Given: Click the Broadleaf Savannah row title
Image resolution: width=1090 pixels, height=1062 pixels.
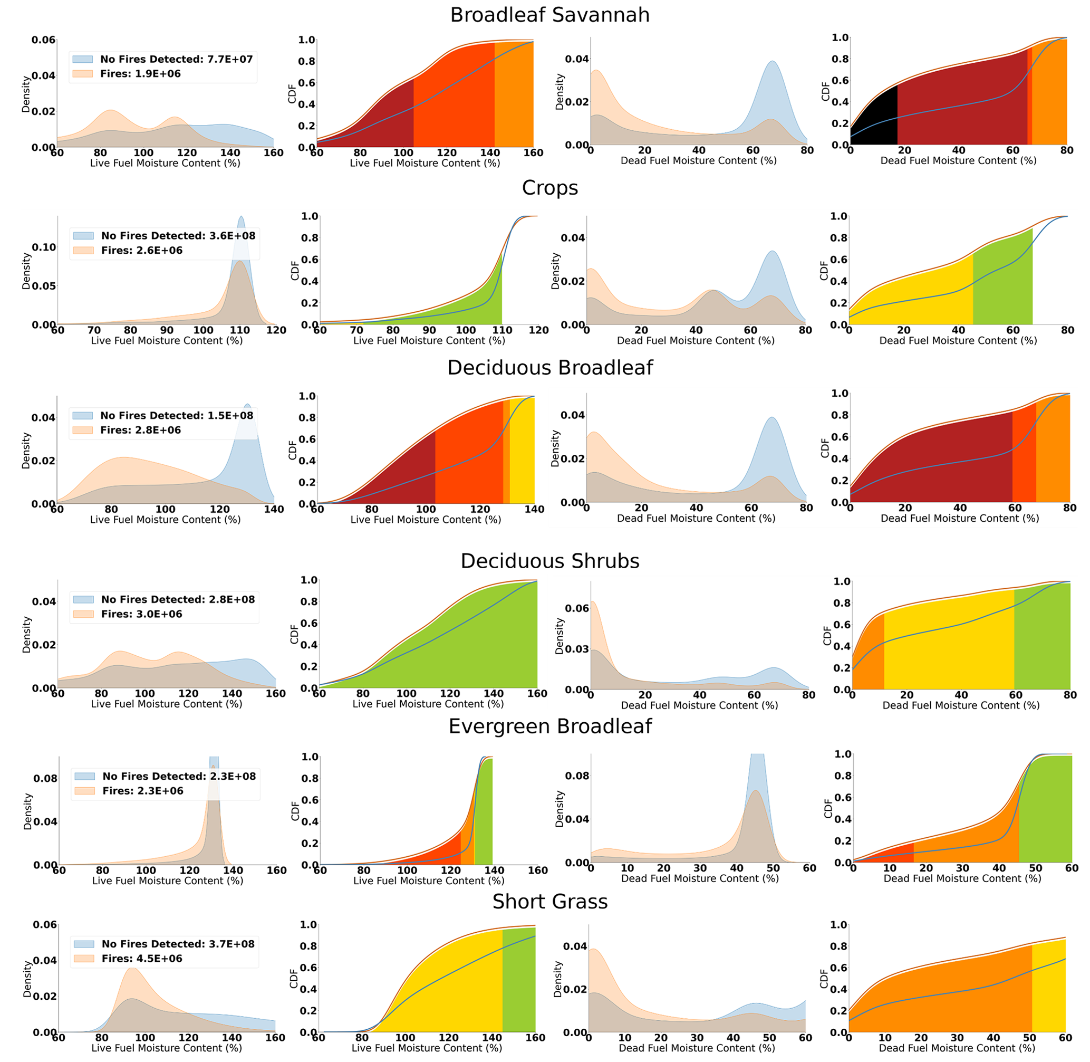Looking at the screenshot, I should pos(549,15).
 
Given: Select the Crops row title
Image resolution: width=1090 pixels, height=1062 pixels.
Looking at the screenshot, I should pos(549,188).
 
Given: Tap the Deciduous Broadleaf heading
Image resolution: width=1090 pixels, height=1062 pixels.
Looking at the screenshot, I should pos(549,368).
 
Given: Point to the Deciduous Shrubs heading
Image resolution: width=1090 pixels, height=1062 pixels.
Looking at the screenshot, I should pos(549,561).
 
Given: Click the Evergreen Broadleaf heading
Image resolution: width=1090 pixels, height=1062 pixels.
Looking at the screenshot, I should pos(549,726).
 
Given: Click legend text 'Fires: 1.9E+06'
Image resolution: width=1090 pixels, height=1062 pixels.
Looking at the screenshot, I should pos(140,74).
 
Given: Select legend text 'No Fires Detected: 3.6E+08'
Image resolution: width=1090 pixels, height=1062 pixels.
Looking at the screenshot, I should pos(178,235).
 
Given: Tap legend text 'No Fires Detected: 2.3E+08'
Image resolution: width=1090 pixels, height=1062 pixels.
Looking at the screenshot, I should pos(179,776).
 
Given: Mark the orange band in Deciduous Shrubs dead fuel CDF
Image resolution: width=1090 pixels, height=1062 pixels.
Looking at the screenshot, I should pos(868,658).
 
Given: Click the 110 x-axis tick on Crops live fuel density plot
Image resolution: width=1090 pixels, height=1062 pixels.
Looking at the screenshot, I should pos(240,330).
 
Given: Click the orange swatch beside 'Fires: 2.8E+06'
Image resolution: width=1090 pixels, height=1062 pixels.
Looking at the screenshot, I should pos(82,430).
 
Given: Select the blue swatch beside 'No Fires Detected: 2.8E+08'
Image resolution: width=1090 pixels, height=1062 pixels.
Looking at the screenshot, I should pos(83,600).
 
